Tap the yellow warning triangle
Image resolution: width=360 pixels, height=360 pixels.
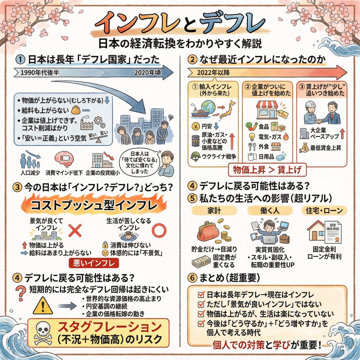43,306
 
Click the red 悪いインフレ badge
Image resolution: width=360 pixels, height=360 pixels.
94,263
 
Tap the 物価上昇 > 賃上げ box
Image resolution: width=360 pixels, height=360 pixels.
268,170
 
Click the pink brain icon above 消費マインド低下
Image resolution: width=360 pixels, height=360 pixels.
64,159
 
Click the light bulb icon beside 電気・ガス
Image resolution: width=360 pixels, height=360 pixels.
252,137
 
